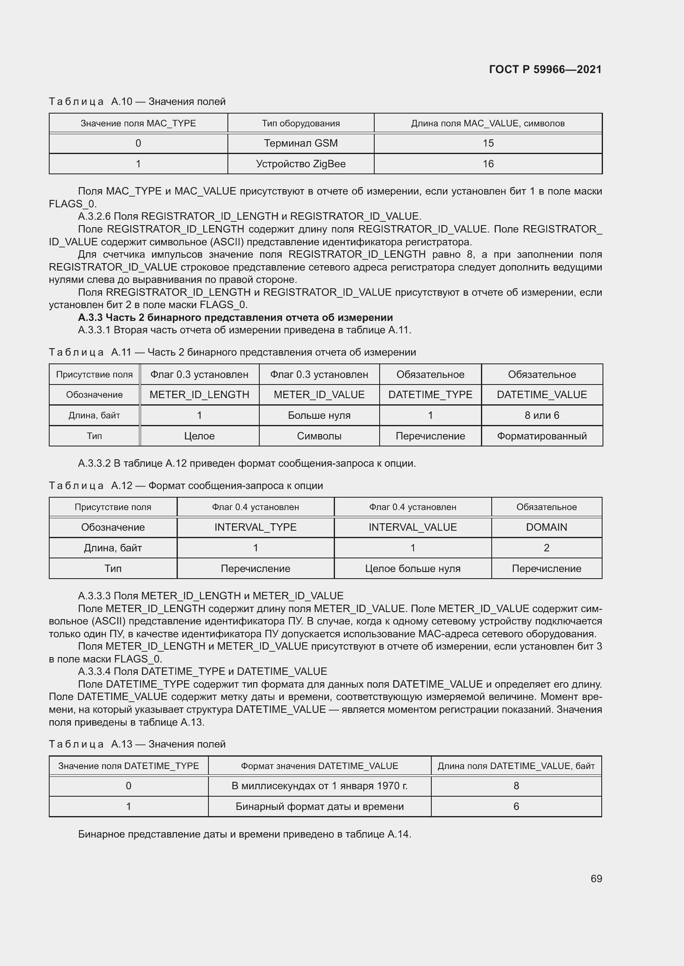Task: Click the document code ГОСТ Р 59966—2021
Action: [x=545, y=69]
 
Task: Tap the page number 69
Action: [x=596, y=878]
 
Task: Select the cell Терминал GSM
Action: [x=301, y=143]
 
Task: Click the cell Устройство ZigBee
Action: [x=301, y=164]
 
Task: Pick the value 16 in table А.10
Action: [x=488, y=164]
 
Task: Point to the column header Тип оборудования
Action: [x=301, y=123]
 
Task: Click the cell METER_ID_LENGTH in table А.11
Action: [x=199, y=395]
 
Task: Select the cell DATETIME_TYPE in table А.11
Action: [x=430, y=395]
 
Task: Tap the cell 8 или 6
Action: [x=542, y=415]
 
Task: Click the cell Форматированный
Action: [x=542, y=436]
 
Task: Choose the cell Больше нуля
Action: [x=319, y=415]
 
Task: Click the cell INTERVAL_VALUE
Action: [x=412, y=527]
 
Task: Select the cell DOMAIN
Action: [x=546, y=527]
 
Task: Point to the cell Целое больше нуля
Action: [x=412, y=568]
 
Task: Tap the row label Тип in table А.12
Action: [x=113, y=568]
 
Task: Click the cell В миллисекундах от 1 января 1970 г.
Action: [x=319, y=786]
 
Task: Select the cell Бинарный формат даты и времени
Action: [x=319, y=806]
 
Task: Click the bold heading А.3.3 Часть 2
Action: [x=235, y=317]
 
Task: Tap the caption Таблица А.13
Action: [x=137, y=744]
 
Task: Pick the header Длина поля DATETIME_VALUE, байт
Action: [x=516, y=766]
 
